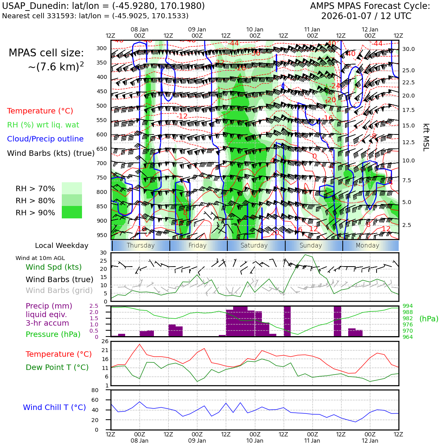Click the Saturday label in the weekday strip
point(254,246)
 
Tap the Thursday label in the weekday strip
point(141,246)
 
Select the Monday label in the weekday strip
point(367,246)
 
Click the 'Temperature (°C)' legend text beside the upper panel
point(40,111)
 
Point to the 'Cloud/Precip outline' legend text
point(45,139)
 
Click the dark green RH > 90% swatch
point(72,212)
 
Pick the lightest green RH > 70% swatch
point(72,188)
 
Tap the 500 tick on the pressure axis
point(101,106)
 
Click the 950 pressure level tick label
point(101,235)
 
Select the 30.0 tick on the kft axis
point(408,49)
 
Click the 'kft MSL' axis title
point(426,137)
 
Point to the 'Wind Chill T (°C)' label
point(54,408)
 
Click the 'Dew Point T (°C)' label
point(57,368)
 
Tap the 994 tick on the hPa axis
point(408,306)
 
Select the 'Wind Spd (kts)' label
point(54,267)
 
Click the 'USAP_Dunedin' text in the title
point(26,6)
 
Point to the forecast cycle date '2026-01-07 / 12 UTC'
point(366,16)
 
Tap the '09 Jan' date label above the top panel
point(197,30)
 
